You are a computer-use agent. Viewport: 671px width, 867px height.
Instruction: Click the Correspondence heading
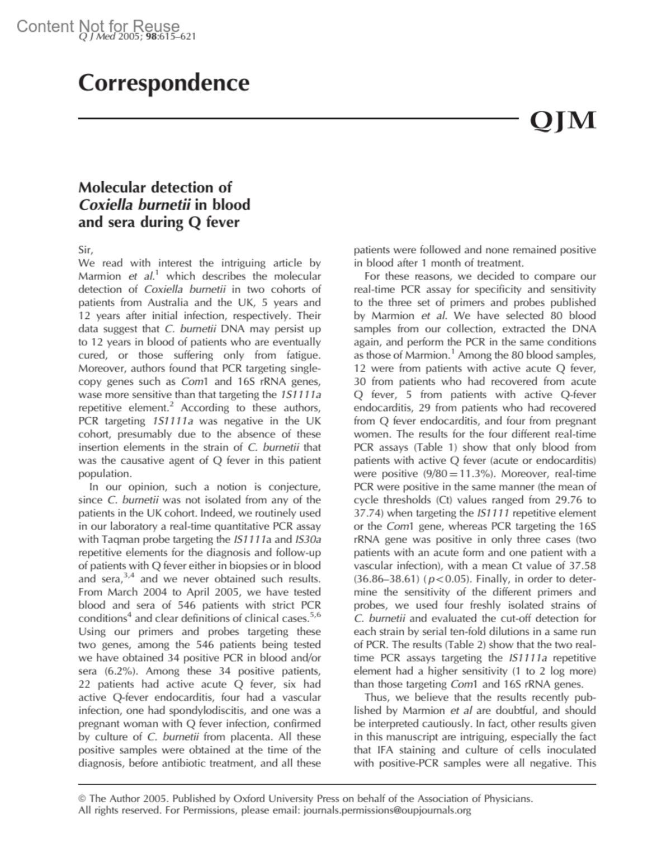(163, 83)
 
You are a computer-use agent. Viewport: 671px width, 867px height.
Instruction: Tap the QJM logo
(562, 120)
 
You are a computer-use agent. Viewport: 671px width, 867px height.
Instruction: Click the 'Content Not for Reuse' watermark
(98, 26)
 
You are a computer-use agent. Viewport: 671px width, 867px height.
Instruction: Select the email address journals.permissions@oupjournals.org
(387, 810)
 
